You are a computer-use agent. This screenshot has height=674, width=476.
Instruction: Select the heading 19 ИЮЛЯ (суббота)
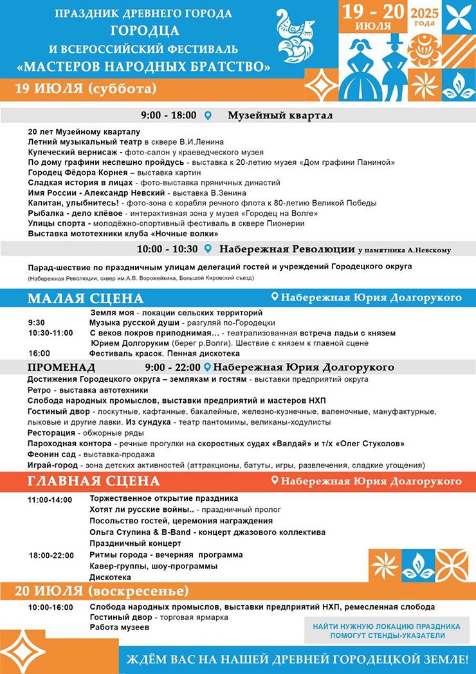[86, 88]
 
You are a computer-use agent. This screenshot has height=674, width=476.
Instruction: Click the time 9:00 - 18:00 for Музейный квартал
[169, 116]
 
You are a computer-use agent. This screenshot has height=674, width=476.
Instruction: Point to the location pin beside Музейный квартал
[208, 116]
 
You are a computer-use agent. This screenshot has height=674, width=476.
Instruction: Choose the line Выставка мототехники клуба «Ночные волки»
[123, 234]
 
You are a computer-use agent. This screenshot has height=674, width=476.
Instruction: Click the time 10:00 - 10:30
[167, 249]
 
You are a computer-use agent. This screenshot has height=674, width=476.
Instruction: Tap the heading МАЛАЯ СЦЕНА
[86, 298]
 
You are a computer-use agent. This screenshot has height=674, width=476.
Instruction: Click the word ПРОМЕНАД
[62, 368]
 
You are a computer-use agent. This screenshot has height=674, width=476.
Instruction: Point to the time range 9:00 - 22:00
[173, 368]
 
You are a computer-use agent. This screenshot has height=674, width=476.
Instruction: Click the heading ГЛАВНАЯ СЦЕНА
[93, 481]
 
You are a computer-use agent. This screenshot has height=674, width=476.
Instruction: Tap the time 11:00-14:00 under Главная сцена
[50, 500]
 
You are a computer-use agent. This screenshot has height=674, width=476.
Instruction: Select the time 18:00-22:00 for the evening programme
[50, 555]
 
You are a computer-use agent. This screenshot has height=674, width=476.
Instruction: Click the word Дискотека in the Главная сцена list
[111, 577]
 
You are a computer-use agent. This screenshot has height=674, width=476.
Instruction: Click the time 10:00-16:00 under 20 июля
[50, 607]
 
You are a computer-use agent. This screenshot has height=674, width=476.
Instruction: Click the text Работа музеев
[119, 627]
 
